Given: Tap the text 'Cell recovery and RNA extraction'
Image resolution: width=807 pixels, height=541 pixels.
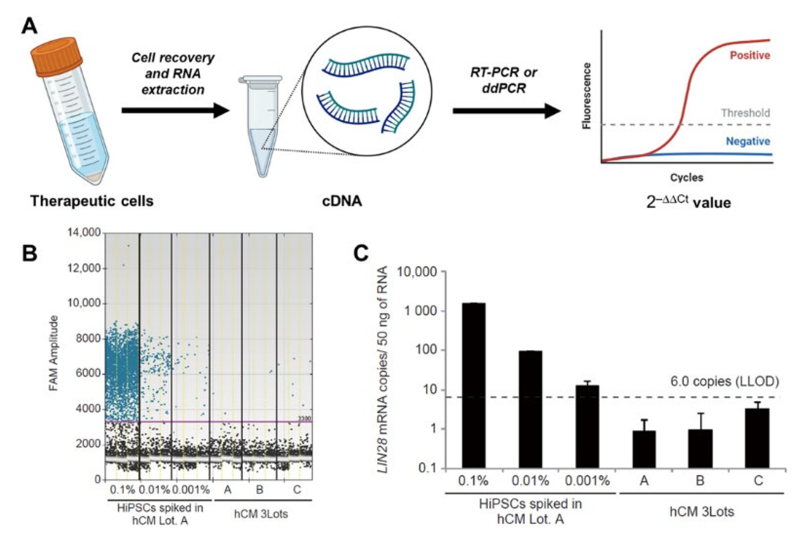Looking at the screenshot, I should click(x=173, y=74).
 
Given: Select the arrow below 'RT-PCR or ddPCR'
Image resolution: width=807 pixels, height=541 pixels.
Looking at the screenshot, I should click(x=506, y=111).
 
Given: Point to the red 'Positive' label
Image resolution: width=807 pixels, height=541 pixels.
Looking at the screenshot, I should click(x=750, y=56).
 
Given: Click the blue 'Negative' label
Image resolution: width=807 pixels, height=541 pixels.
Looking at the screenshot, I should click(x=748, y=141).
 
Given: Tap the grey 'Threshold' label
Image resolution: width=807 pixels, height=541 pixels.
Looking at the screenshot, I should click(x=745, y=113).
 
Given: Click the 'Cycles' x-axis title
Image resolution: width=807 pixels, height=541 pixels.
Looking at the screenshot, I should click(x=686, y=178).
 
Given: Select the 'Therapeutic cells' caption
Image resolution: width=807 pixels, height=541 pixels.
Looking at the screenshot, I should click(x=92, y=201).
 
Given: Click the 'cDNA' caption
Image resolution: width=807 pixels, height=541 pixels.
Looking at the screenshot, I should click(x=342, y=201).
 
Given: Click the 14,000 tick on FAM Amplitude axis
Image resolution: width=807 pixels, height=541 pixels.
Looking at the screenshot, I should click(x=84, y=232).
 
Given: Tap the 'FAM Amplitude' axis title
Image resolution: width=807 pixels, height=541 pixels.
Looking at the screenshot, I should click(x=54, y=353).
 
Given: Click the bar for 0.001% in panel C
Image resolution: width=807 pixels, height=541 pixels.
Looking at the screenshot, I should click(x=587, y=426).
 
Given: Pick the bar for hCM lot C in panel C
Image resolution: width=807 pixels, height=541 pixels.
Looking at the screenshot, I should click(x=757, y=438).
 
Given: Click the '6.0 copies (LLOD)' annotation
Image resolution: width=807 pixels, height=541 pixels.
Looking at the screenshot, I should click(x=724, y=381).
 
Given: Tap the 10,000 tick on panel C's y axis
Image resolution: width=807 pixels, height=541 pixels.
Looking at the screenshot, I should click(x=417, y=272).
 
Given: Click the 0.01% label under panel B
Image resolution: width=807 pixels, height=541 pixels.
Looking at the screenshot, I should click(x=154, y=490).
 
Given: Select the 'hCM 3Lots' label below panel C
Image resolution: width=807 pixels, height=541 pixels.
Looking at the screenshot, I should click(x=701, y=512).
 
